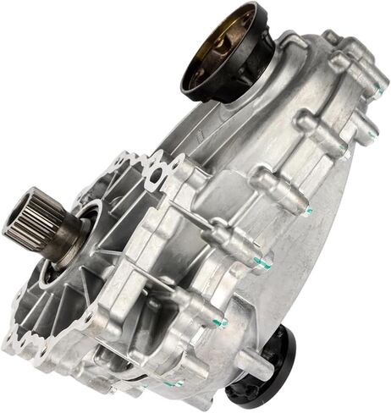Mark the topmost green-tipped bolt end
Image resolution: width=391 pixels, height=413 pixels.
point(377,85)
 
